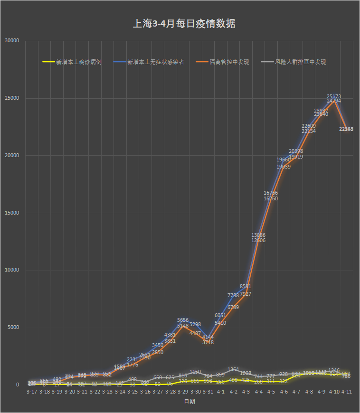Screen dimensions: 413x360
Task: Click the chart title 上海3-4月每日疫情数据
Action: coord(184,24)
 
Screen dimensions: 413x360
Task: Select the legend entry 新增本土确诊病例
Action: coord(78,62)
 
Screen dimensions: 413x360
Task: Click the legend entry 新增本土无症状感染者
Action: coord(156,62)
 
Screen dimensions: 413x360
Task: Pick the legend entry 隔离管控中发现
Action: coord(229,62)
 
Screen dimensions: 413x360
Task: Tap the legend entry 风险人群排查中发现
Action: coord(300,62)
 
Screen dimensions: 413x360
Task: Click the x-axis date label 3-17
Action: coord(32,392)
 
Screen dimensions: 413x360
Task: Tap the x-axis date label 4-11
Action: coord(346,392)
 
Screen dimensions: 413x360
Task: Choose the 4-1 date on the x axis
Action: coord(220,392)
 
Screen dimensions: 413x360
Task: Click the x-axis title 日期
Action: coord(189,402)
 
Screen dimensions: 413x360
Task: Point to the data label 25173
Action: coord(334,97)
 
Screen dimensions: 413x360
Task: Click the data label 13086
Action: coord(258,235)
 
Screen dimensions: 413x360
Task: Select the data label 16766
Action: coord(271,193)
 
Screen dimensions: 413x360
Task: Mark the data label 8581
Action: coord(246,286)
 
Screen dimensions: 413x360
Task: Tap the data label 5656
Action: coord(183,320)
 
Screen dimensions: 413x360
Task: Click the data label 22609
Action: coord(309,126)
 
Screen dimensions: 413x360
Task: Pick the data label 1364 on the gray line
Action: coord(233,369)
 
